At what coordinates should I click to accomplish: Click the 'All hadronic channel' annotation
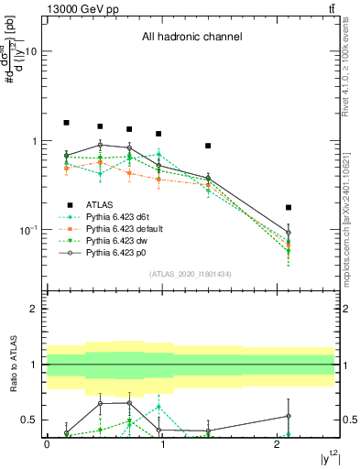tap(191, 38)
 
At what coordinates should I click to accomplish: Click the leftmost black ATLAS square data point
tap(66, 123)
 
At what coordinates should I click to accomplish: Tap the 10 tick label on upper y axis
tap(30, 52)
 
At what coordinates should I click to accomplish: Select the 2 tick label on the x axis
tap(278, 444)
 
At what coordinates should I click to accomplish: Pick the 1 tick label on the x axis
tap(162, 444)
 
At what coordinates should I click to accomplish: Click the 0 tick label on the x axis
tap(47, 444)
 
